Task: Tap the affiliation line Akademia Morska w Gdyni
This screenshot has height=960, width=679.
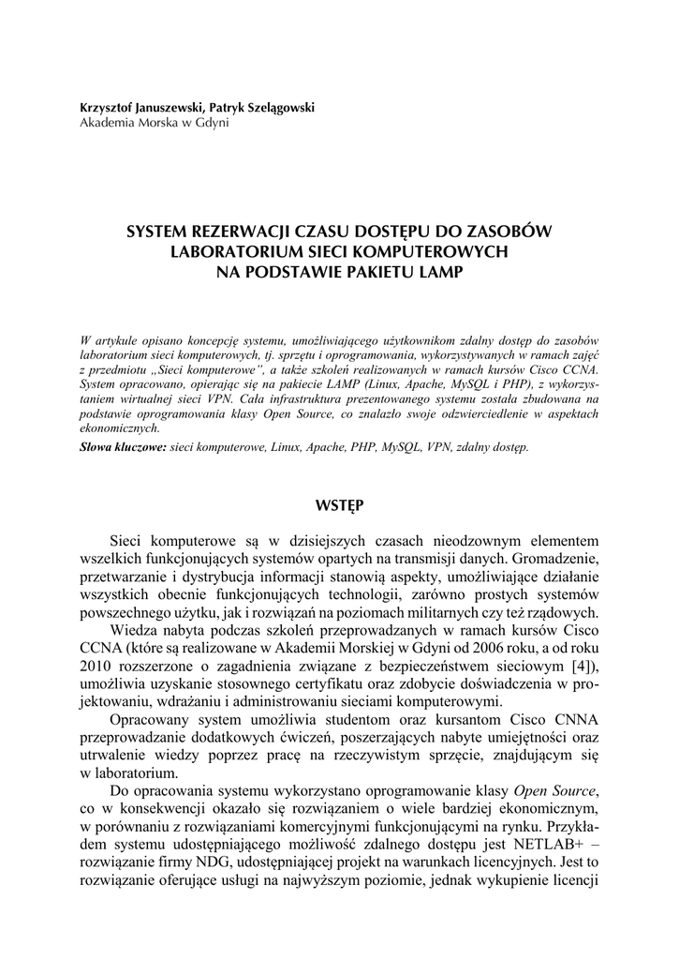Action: [154, 123]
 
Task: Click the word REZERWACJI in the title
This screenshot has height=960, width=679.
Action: [239, 232]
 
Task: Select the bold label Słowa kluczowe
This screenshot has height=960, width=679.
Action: [124, 447]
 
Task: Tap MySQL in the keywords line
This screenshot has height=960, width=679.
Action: [400, 447]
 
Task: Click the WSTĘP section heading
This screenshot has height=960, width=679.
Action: [339, 505]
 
